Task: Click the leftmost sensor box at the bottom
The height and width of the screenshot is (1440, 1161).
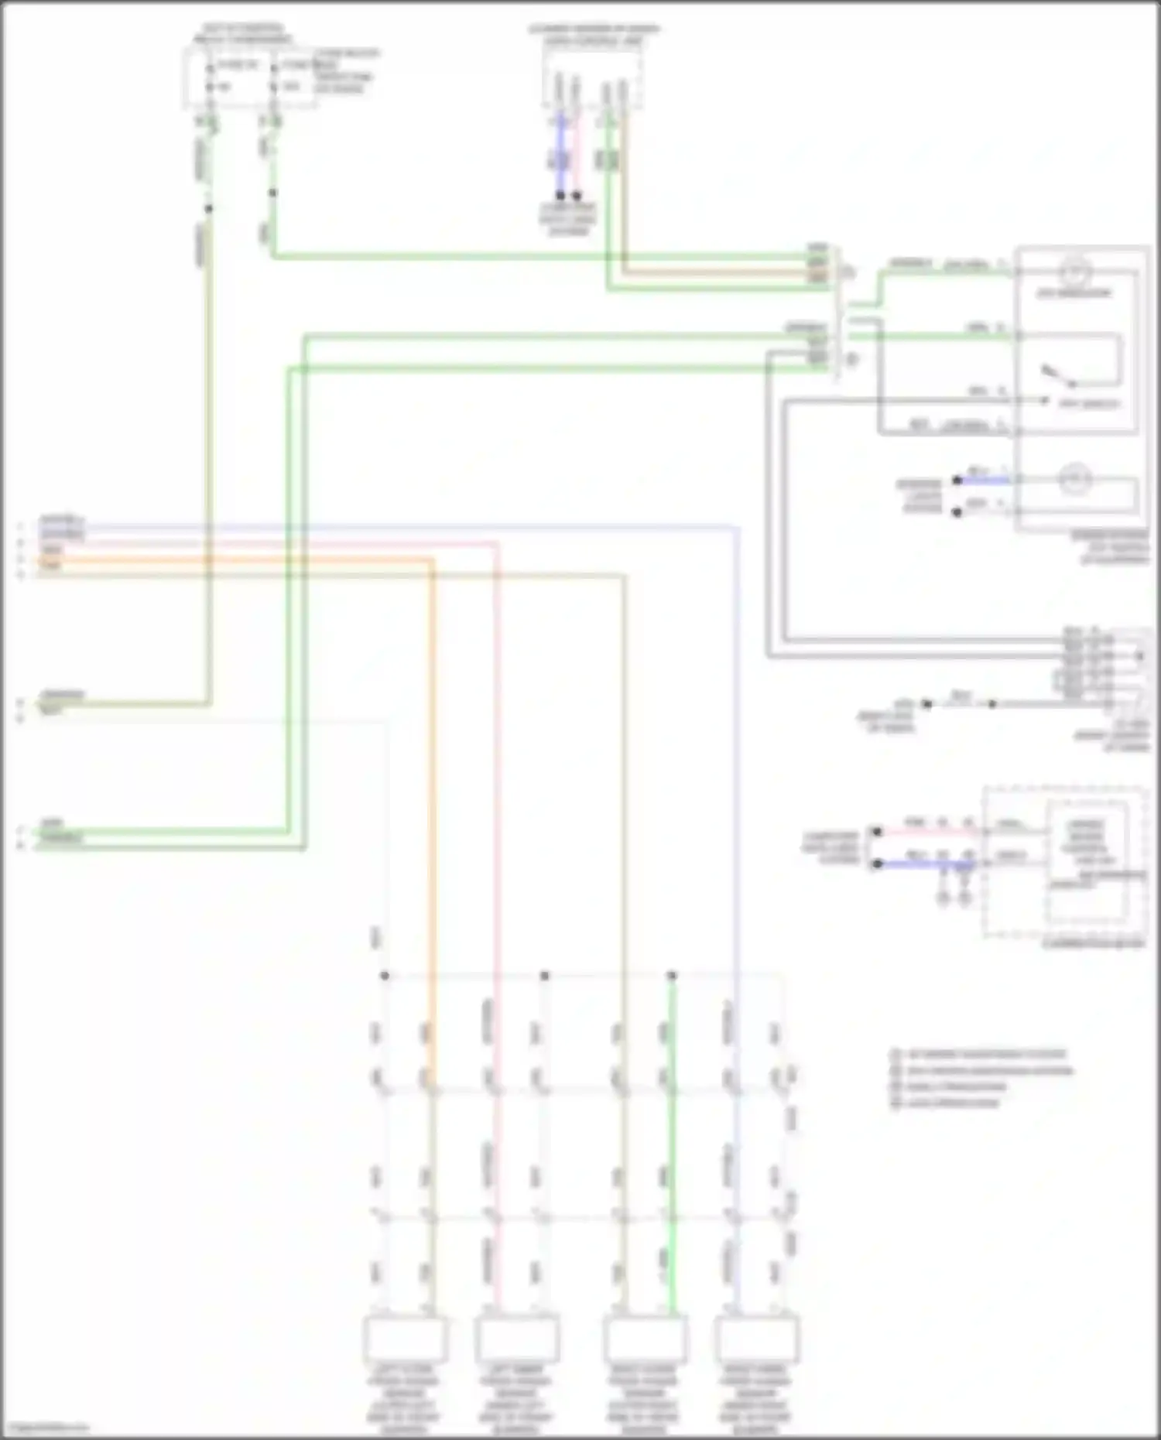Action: [404, 1339]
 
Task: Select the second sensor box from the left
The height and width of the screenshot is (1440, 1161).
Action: [516, 1339]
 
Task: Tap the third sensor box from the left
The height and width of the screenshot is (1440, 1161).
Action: [644, 1339]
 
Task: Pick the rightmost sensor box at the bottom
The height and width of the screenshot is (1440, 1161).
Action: [756, 1339]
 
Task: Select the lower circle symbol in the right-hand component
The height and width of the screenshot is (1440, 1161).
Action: [1075, 480]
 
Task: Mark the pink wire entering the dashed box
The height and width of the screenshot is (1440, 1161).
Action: [925, 832]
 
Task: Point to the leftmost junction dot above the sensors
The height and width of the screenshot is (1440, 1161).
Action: [385, 976]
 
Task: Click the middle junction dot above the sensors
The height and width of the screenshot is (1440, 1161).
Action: [544, 976]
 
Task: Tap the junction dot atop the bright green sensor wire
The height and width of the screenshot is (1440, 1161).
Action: [672, 976]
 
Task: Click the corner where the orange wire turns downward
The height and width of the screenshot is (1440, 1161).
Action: [431, 560]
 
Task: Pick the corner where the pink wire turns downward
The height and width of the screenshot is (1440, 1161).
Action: [496, 545]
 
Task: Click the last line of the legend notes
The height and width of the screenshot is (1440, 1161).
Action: [948, 1103]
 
